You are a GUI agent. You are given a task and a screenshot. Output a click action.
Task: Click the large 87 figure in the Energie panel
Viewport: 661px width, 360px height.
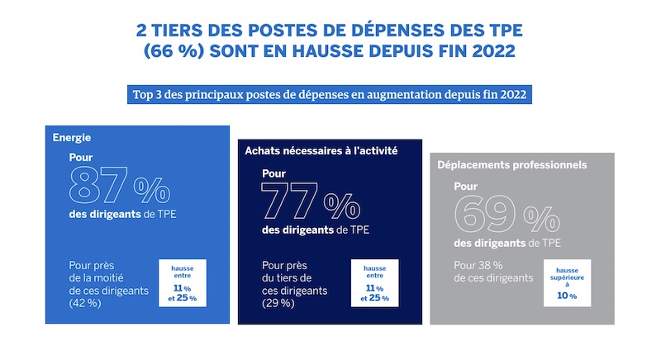click(98, 185)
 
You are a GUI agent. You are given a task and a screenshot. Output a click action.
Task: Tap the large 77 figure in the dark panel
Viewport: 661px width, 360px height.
click(289, 201)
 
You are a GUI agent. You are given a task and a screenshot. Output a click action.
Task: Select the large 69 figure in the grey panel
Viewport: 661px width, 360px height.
click(485, 215)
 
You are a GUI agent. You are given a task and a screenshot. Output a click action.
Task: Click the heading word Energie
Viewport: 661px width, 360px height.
click(72, 138)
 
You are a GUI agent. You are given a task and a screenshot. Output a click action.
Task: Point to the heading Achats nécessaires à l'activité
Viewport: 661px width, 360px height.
click(321, 151)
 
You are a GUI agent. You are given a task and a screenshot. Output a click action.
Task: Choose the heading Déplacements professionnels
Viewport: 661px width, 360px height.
click(511, 164)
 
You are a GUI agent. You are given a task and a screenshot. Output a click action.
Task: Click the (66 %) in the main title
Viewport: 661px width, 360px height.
click(174, 51)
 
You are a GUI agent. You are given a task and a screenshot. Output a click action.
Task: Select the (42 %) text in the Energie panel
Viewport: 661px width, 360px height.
click(85, 303)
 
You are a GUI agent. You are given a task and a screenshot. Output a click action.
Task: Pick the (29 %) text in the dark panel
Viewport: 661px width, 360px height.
click(278, 303)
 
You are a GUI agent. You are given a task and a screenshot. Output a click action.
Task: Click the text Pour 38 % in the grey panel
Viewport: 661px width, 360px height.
click(478, 266)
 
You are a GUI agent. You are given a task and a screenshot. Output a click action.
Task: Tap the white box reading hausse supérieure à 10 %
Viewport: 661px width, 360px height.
click(567, 283)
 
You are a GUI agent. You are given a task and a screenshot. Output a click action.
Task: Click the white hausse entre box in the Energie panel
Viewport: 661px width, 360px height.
click(183, 283)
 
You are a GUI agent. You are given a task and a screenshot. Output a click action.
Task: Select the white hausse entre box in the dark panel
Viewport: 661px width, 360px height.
click(375, 283)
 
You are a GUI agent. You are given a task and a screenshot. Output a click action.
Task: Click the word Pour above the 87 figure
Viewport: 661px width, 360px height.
click(81, 158)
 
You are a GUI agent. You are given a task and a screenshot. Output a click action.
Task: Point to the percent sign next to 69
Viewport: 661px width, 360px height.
click(542, 219)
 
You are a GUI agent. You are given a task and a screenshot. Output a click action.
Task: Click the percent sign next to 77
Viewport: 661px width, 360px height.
click(342, 206)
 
